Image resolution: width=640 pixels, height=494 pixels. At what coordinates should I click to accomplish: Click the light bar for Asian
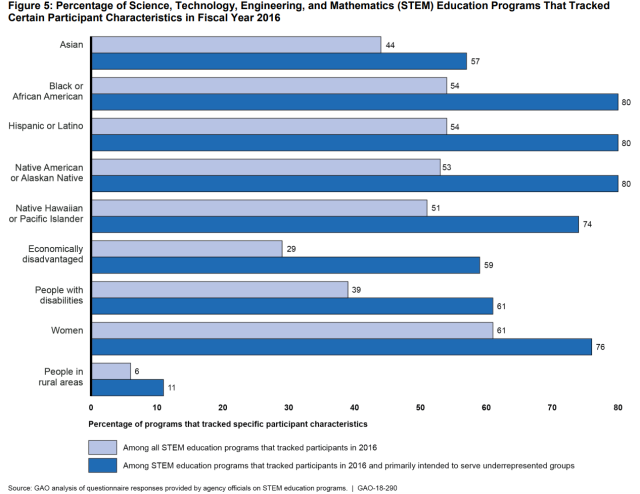pyautogui.click(x=236, y=45)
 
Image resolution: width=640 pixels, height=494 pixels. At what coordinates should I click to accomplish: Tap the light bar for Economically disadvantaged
pyautogui.click(x=186, y=248)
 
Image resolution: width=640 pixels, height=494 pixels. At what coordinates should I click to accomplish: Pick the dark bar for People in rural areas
pyautogui.click(x=127, y=388)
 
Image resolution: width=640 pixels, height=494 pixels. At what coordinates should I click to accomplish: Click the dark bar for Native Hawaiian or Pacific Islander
pyautogui.click(x=335, y=224)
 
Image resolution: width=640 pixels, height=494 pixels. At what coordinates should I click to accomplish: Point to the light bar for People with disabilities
pyautogui.click(x=219, y=289)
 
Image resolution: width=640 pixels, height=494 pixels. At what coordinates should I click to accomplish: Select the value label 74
pyautogui.click(x=587, y=224)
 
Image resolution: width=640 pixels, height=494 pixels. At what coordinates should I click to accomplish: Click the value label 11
pyautogui.click(x=171, y=388)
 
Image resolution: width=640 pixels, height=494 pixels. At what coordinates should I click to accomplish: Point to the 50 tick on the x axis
pyautogui.click(x=421, y=407)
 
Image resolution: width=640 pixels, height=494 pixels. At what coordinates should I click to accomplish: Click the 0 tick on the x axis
pyautogui.click(x=91, y=407)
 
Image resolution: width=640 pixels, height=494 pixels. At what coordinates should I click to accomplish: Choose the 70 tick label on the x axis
pyautogui.click(x=553, y=407)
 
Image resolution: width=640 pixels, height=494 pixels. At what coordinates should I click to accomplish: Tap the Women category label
pyautogui.click(x=69, y=329)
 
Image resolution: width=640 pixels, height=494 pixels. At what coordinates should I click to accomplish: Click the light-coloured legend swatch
pyautogui.click(x=101, y=447)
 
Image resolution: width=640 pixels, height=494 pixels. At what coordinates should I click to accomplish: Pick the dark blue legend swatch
pyautogui.click(x=101, y=465)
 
